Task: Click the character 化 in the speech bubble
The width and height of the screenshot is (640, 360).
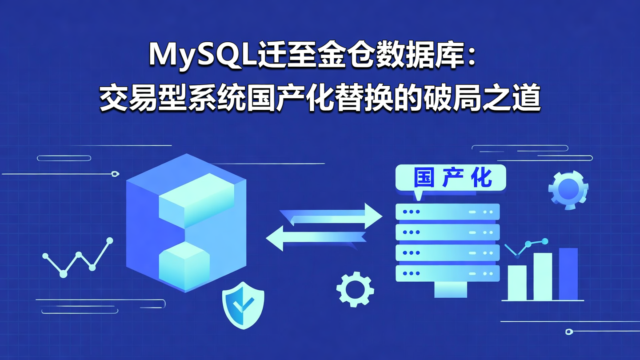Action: (482, 178)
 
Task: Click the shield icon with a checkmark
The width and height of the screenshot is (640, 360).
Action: (243, 304)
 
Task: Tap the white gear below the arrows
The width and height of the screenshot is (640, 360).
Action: (355, 289)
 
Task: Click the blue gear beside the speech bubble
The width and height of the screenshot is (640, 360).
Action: (568, 190)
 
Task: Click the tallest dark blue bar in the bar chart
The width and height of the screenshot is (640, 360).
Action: (568, 274)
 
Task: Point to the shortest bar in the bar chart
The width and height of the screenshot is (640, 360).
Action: (517, 283)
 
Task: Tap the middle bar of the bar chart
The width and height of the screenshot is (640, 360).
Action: (543, 276)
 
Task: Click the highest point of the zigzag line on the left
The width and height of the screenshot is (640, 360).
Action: (109, 240)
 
